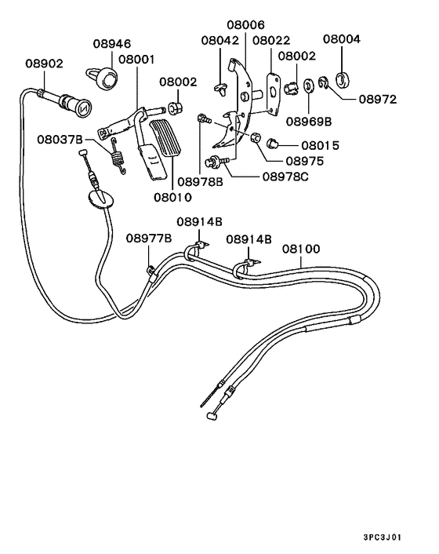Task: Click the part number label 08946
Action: pyautogui.click(x=112, y=45)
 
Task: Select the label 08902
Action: pyautogui.click(x=45, y=64)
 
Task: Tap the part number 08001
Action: pyautogui.click(x=137, y=59)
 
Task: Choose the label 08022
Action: pyautogui.click(x=270, y=40)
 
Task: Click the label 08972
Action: pyautogui.click(x=378, y=100)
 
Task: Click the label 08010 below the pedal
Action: pyautogui.click(x=173, y=198)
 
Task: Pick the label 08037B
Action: pyautogui.click(x=60, y=140)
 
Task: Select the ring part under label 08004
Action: pyautogui.click(x=342, y=78)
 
